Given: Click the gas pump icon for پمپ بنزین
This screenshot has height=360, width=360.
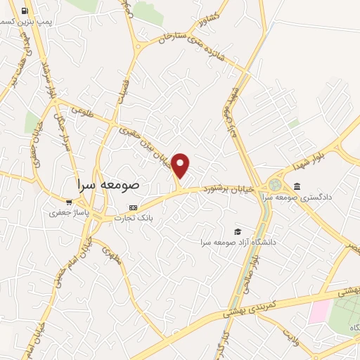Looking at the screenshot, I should pyautogui.click(x=25, y=11).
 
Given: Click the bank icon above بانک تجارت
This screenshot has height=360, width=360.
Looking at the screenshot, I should pyautogui.click(x=134, y=208).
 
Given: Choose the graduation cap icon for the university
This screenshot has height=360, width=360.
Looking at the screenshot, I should pyautogui.click(x=238, y=231).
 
